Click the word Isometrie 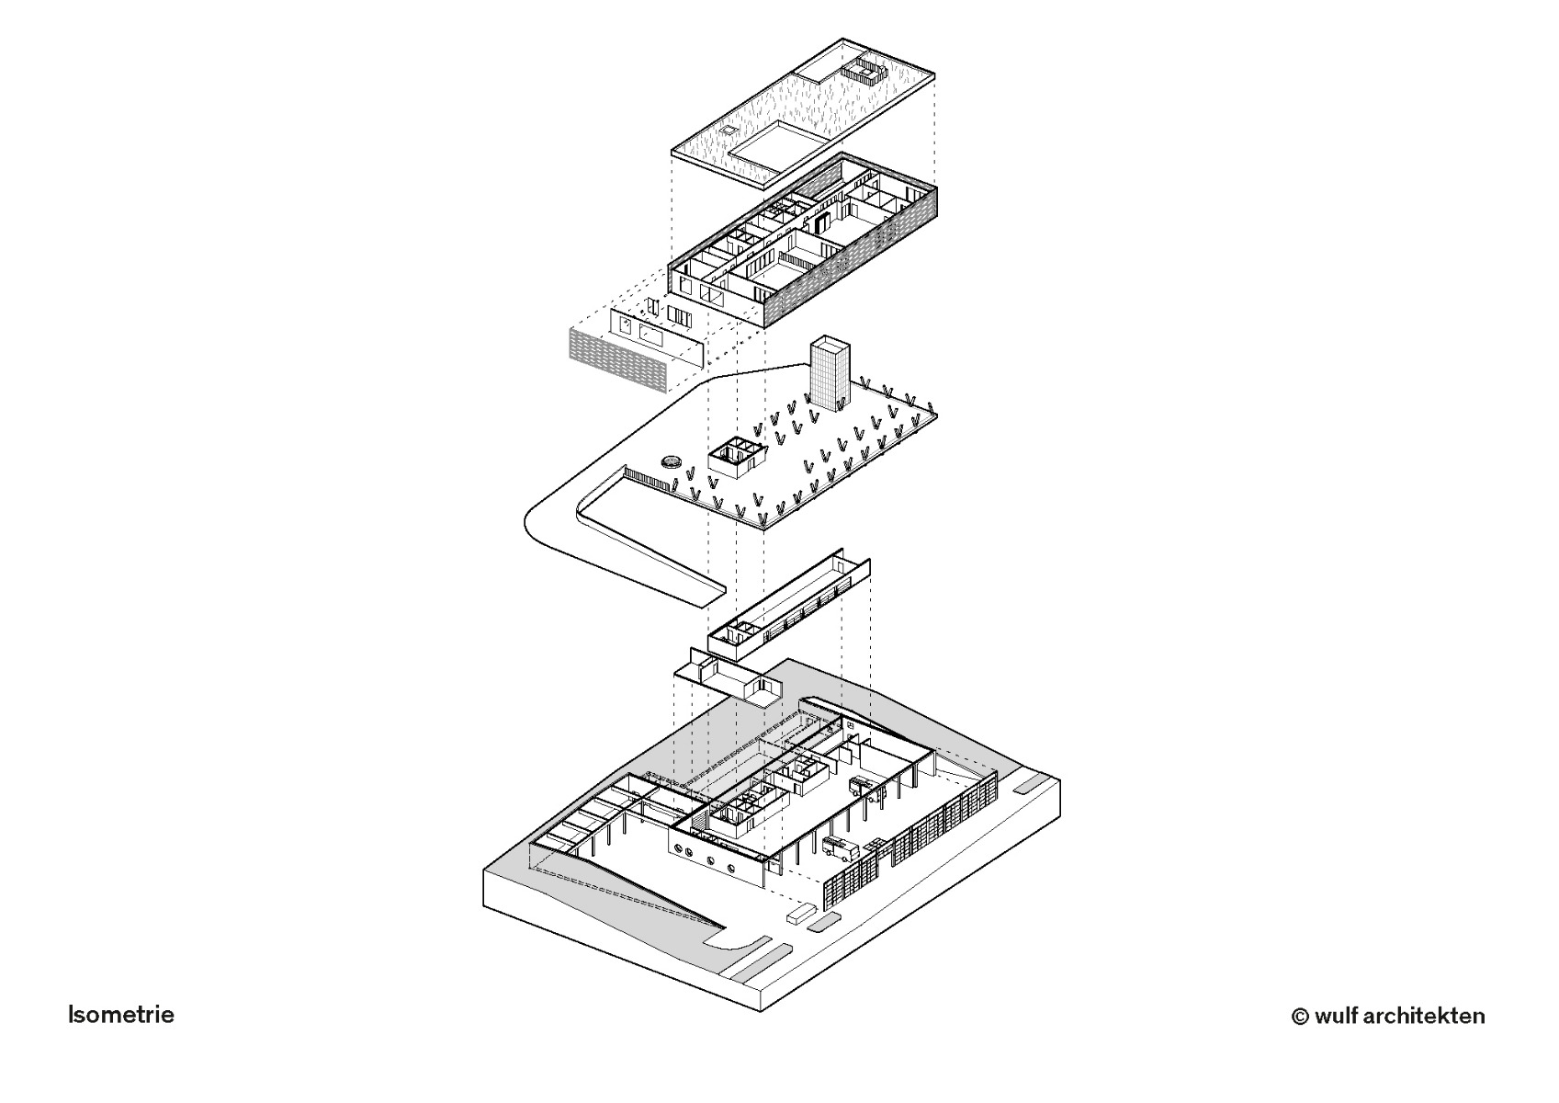120,1015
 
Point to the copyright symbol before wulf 1299,1017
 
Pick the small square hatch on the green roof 729,131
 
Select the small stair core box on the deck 736,456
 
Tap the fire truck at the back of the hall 863,785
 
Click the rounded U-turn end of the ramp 537,520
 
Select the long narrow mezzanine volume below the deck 788,608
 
